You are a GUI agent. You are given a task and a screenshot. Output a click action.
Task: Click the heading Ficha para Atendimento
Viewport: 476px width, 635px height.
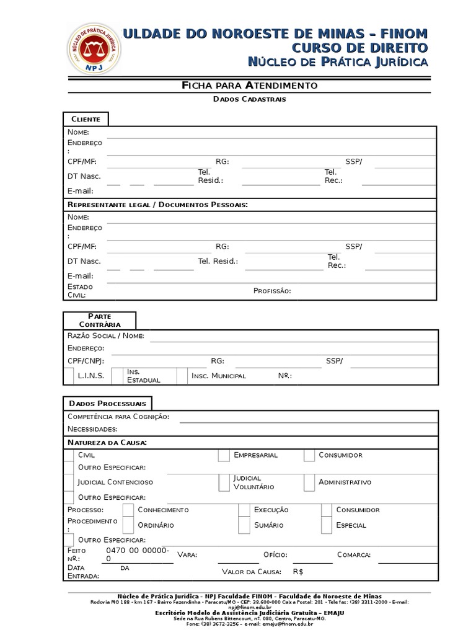point(249,85)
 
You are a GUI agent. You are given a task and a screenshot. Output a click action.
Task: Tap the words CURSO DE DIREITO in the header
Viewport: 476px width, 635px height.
point(360,48)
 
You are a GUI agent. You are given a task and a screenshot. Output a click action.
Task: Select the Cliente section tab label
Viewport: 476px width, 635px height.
point(86,118)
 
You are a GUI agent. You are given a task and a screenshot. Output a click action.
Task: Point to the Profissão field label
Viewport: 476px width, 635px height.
point(272,291)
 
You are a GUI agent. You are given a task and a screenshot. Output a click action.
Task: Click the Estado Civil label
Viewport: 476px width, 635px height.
point(81,291)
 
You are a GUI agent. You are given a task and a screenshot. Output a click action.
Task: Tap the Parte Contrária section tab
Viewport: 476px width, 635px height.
point(99,320)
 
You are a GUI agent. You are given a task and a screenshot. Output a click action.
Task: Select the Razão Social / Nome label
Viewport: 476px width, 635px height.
point(106,335)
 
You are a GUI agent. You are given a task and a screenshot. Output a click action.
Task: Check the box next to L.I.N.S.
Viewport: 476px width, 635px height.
point(69,376)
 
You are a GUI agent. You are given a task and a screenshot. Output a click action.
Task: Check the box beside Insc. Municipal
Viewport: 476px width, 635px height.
point(182,376)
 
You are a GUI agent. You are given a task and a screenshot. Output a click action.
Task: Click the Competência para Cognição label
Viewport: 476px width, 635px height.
point(118,417)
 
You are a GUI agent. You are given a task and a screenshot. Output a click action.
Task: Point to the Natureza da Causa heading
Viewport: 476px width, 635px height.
point(107,442)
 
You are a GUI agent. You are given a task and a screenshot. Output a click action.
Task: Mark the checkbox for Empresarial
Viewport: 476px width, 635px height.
point(224,455)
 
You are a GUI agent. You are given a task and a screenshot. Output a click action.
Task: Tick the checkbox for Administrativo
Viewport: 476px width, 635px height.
point(309,482)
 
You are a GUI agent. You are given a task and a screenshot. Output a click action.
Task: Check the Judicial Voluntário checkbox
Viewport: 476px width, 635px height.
point(224,482)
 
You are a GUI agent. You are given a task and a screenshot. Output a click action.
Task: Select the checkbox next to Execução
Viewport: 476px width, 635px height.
point(244,510)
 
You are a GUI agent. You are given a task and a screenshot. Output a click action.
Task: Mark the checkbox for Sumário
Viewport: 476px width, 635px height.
point(244,525)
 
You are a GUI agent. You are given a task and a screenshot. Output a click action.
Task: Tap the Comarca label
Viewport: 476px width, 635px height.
point(354,554)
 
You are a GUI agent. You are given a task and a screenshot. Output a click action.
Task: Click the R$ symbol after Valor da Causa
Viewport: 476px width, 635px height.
point(298,572)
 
